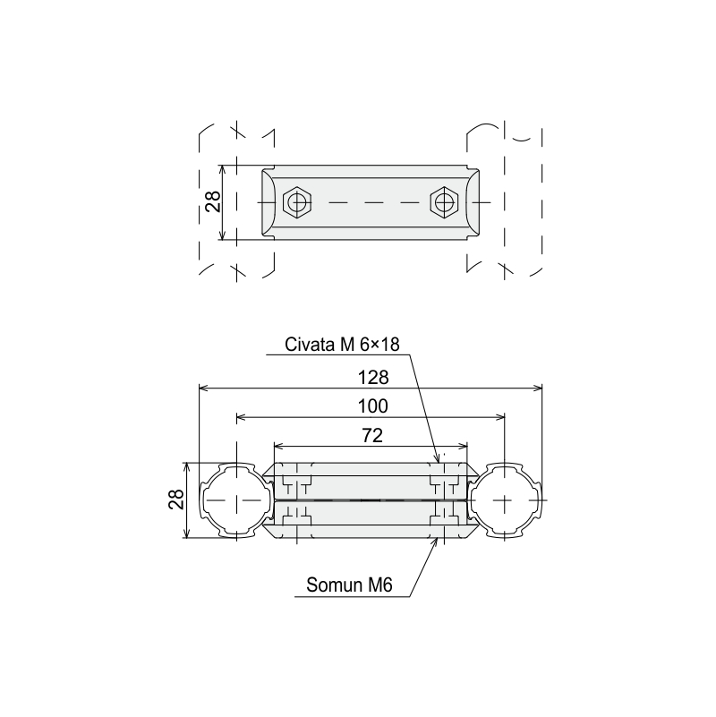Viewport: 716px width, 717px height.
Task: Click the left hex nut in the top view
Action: [x=297, y=202]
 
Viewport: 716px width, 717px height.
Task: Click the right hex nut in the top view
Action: [x=444, y=202]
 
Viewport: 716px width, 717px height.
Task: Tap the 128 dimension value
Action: [x=373, y=378]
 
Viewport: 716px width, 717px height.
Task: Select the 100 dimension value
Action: [x=373, y=406]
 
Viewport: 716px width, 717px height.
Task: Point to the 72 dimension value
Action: [x=372, y=435]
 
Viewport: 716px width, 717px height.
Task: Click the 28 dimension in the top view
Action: [x=213, y=201]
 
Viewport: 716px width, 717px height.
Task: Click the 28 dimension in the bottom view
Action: [x=176, y=499]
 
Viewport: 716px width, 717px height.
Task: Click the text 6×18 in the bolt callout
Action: [x=379, y=345]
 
